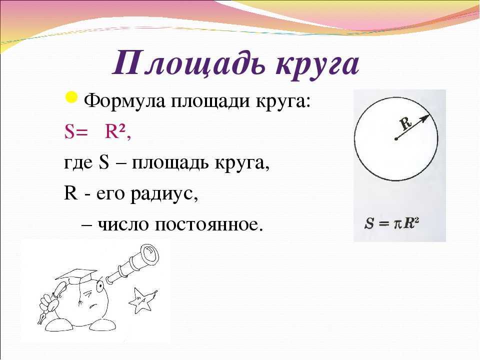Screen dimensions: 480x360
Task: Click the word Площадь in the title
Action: click(x=188, y=65)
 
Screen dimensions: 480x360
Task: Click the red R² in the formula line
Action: click(x=117, y=132)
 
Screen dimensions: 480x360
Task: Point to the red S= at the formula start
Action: click(x=74, y=132)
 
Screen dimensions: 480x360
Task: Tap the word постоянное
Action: click(x=209, y=225)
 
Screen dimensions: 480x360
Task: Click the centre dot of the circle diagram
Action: click(x=396, y=139)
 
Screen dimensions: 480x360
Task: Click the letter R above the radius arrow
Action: click(x=406, y=123)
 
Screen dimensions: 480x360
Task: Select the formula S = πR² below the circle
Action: click(x=391, y=223)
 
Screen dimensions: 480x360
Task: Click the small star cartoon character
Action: click(x=142, y=299)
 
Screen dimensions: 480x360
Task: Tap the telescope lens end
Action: click(x=149, y=255)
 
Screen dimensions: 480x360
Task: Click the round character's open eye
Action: click(x=100, y=286)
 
